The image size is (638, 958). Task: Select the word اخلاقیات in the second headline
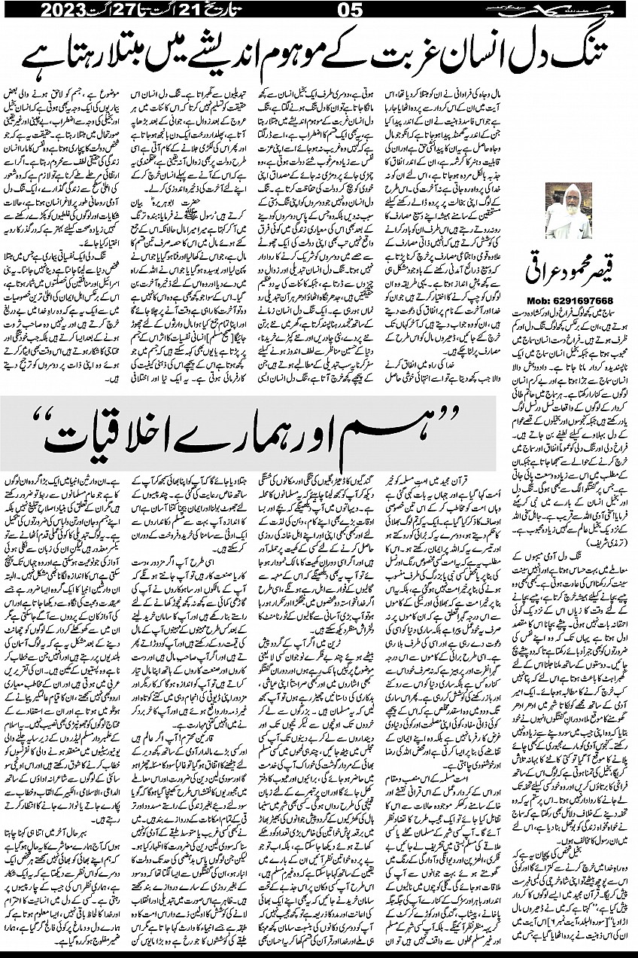coord(124,434)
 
